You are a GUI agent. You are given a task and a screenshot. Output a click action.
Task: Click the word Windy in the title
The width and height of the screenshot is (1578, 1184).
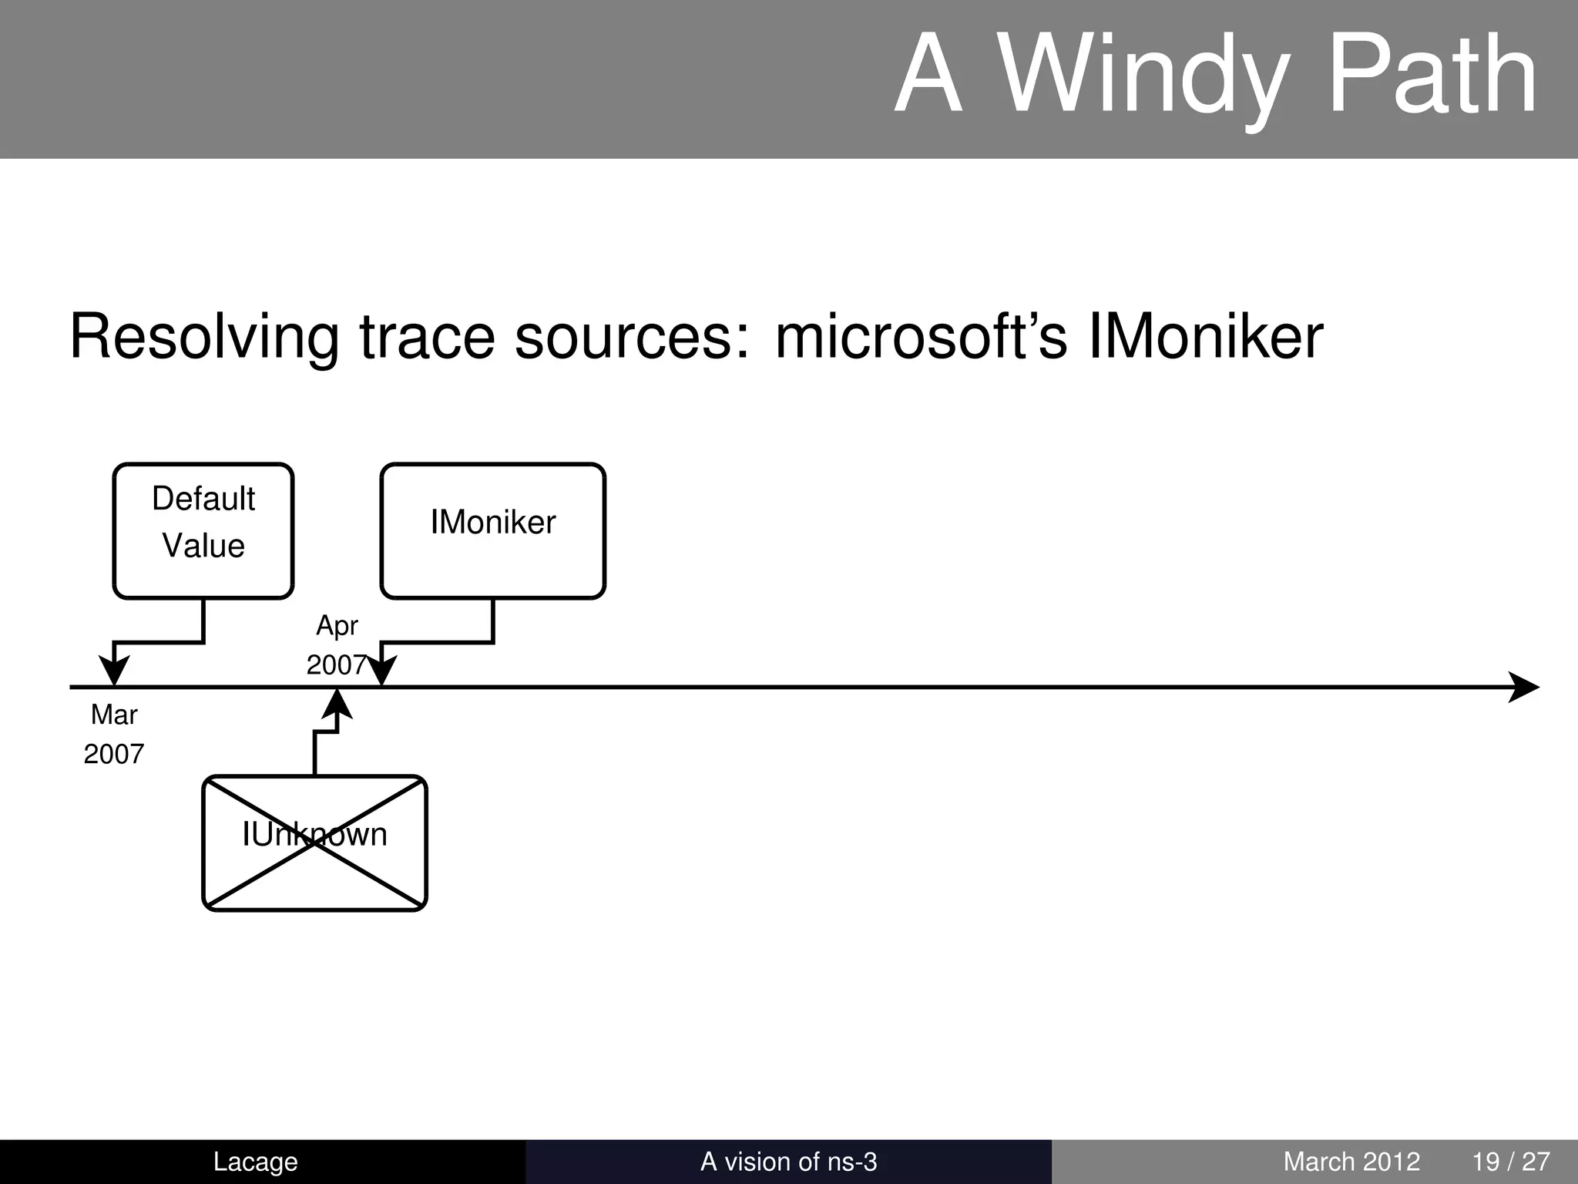[1140, 77]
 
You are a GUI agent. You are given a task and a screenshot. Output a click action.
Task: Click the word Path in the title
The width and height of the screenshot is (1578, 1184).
[1433, 77]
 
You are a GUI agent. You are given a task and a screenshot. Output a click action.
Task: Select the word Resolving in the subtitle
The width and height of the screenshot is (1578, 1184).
[204, 338]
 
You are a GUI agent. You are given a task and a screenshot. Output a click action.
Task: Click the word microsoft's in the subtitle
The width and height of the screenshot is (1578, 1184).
[921, 338]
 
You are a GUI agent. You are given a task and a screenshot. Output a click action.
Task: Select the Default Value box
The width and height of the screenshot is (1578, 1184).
[203, 530]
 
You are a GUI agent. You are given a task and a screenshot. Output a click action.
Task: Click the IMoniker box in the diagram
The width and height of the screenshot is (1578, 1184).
[492, 530]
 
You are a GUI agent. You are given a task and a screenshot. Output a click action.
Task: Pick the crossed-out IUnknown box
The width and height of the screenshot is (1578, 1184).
[314, 843]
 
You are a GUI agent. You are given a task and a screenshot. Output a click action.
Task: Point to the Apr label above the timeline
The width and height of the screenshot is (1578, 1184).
[337, 626]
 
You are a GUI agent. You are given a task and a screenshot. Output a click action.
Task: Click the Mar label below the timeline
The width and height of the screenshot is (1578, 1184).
[114, 715]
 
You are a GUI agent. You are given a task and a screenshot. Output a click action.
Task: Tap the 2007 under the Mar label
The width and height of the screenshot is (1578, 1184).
[114, 754]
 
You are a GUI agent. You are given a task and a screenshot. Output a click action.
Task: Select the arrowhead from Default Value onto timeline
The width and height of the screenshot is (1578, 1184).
[114, 671]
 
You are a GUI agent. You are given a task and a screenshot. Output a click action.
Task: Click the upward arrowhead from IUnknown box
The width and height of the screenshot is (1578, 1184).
[337, 703]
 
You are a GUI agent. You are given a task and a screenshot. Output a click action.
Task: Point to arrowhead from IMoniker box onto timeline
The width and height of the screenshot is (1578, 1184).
[381, 671]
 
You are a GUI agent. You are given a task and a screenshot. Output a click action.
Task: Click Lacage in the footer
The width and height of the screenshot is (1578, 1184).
[255, 1162]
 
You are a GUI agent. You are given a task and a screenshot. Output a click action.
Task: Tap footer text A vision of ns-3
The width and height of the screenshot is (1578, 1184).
[788, 1162]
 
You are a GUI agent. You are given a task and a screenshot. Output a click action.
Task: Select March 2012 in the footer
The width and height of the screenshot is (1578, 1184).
[1351, 1162]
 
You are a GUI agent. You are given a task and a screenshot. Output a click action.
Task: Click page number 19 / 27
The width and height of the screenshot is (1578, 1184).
[1510, 1162]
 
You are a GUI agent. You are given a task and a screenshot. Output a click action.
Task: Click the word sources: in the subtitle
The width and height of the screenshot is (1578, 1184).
[632, 338]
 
